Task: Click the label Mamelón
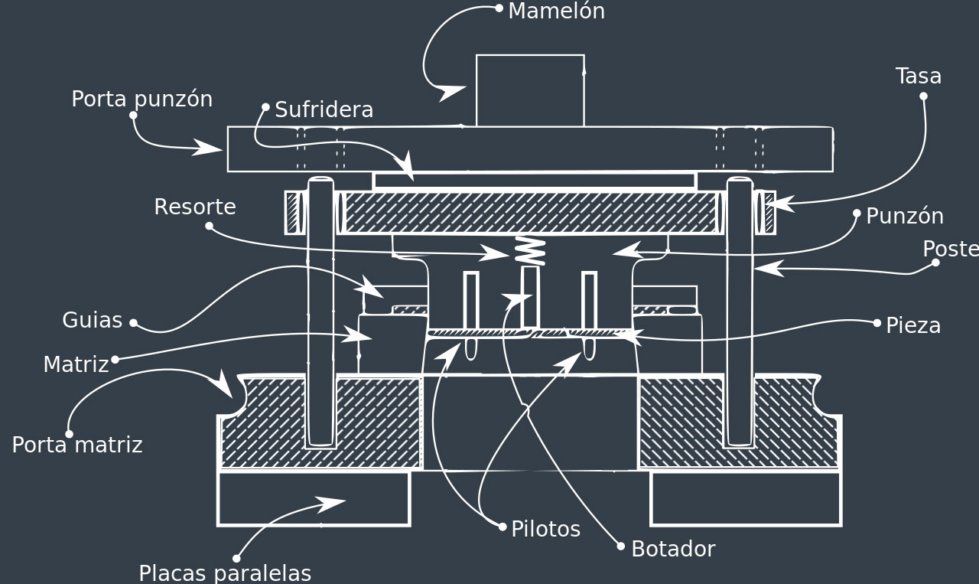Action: (x=556, y=11)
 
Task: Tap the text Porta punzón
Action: (x=141, y=99)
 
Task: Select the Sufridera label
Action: (x=324, y=109)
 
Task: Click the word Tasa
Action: (x=918, y=76)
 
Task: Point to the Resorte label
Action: (x=194, y=207)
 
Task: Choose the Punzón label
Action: (x=904, y=216)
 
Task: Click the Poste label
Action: (x=950, y=249)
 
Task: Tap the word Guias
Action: (x=92, y=320)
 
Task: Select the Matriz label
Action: (x=76, y=364)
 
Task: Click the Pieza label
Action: (x=912, y=325)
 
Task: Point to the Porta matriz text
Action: (x=76, y=445)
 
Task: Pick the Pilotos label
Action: (x=545, y=529)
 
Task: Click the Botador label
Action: (x=672, y=549)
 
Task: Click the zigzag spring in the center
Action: (x=530, y=251)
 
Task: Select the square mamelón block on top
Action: (x=530, y=90)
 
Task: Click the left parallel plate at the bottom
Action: (x=314, y=498)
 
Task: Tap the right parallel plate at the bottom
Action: (x=746, y=498)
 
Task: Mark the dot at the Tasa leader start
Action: (x=923, y=96)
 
